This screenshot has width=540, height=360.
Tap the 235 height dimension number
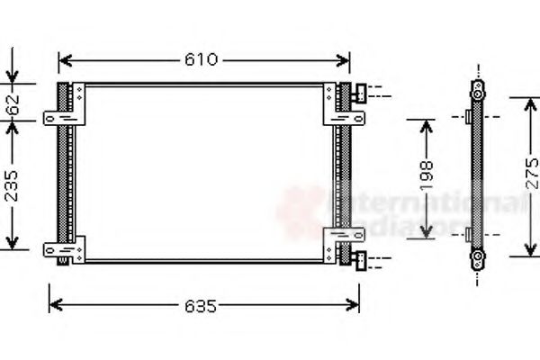click(x=12, y=184)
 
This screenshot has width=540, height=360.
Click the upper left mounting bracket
click(x=67, y=116)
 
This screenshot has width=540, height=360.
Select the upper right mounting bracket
click(x=343, y=116)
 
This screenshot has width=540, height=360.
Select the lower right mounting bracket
click(x=343, y=237)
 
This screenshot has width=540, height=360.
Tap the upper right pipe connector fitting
click(x=361, y=92)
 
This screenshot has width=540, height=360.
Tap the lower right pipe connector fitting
click(x=361, y=261)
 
